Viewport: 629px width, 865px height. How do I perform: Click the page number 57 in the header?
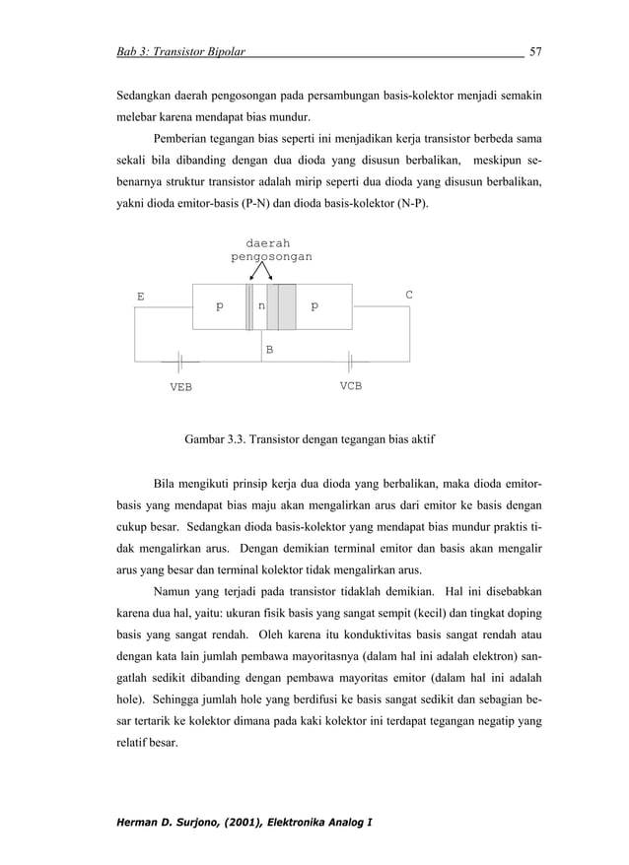coord(536,50)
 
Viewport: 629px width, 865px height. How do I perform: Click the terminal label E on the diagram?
coord(140,296)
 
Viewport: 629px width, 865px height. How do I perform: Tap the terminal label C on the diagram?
coord(409,295)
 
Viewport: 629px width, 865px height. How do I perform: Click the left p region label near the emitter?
coord(220,306)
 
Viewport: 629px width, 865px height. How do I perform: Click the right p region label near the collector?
coord(314,306)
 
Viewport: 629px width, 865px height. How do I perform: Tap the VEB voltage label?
coord(180,387)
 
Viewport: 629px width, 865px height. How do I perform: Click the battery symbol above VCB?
coord(350,361)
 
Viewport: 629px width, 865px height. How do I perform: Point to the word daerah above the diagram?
coord(267,241)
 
